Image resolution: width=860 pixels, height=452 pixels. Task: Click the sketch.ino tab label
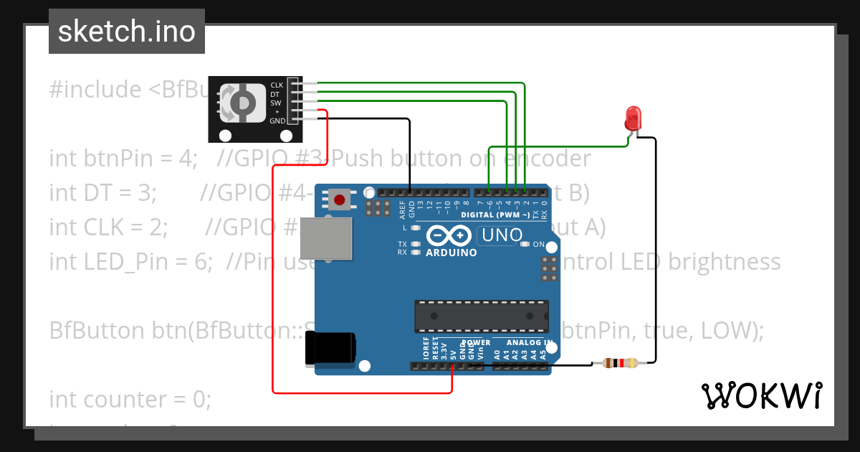point(126,32)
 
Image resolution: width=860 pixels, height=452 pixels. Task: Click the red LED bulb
point(633,116)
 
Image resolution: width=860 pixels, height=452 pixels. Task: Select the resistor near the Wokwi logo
point(620,363)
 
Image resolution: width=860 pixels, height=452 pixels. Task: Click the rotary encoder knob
point(241,103)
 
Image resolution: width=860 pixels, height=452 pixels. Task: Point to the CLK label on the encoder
point(277,85)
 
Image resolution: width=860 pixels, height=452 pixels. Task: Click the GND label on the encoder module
point(277,121)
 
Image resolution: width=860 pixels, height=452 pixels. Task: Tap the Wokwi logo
point(761,395)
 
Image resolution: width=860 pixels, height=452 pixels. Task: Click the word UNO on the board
point(502,235)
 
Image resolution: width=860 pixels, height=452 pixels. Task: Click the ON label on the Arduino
point(538,245)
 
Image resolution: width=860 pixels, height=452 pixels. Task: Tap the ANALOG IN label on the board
point(529,342)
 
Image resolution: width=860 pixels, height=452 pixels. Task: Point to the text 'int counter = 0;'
point(130,398)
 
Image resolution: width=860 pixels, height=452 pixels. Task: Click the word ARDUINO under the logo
point(451,253)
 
